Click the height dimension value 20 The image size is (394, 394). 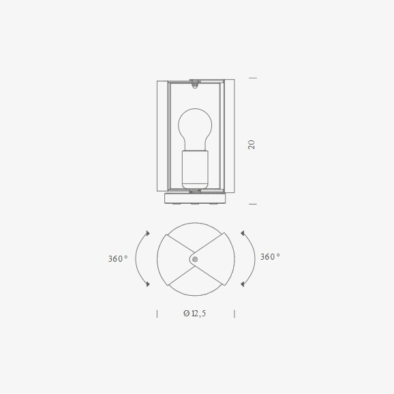252,145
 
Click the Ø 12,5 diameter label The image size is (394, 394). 195,314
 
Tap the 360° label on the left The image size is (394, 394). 118,258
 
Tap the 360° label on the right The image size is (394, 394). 270,256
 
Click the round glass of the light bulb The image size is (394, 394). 195,127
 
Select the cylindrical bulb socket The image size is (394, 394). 195,170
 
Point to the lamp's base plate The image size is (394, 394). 195,198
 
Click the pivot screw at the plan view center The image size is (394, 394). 195,259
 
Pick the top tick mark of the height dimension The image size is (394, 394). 253,78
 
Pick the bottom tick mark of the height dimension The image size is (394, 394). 253,204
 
